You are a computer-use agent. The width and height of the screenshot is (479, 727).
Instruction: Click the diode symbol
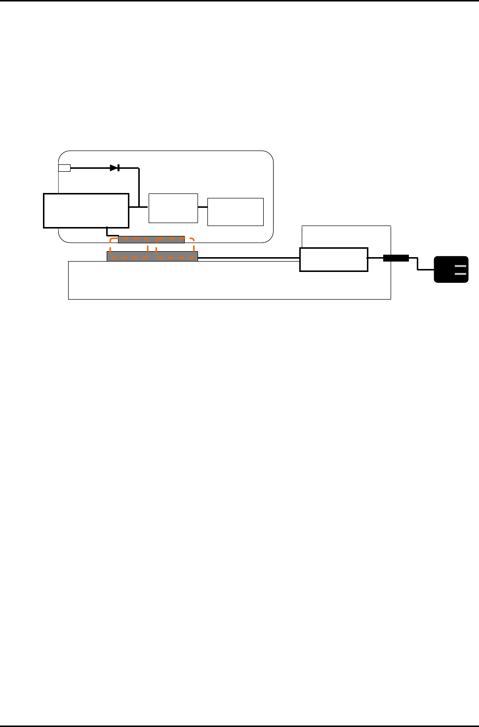115,168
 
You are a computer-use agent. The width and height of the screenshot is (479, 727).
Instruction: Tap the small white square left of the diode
64,168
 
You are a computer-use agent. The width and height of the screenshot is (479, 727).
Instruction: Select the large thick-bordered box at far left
86,211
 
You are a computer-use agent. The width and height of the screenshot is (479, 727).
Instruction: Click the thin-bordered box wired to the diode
173,208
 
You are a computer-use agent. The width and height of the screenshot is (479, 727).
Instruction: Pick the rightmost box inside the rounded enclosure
235,212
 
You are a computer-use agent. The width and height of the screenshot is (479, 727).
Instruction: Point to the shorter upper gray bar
151,240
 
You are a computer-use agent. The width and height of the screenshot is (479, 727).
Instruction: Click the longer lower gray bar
152,256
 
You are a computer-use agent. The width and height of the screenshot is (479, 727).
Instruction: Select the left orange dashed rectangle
129,248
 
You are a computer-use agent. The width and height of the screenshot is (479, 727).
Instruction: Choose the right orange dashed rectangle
175,248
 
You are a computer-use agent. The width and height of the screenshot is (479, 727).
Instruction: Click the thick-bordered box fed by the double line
334,260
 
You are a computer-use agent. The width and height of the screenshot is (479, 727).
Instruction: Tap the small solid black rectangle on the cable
396,258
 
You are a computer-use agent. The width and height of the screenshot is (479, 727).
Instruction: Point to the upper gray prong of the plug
460,267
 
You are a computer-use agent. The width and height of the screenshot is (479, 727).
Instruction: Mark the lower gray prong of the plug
460,273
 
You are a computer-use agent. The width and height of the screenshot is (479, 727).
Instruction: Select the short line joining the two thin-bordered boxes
202,207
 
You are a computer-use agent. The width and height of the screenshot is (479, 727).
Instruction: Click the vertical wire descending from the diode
139,188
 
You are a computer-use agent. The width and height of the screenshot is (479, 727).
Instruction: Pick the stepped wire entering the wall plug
418,264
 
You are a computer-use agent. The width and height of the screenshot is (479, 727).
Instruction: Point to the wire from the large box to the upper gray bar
108,232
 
